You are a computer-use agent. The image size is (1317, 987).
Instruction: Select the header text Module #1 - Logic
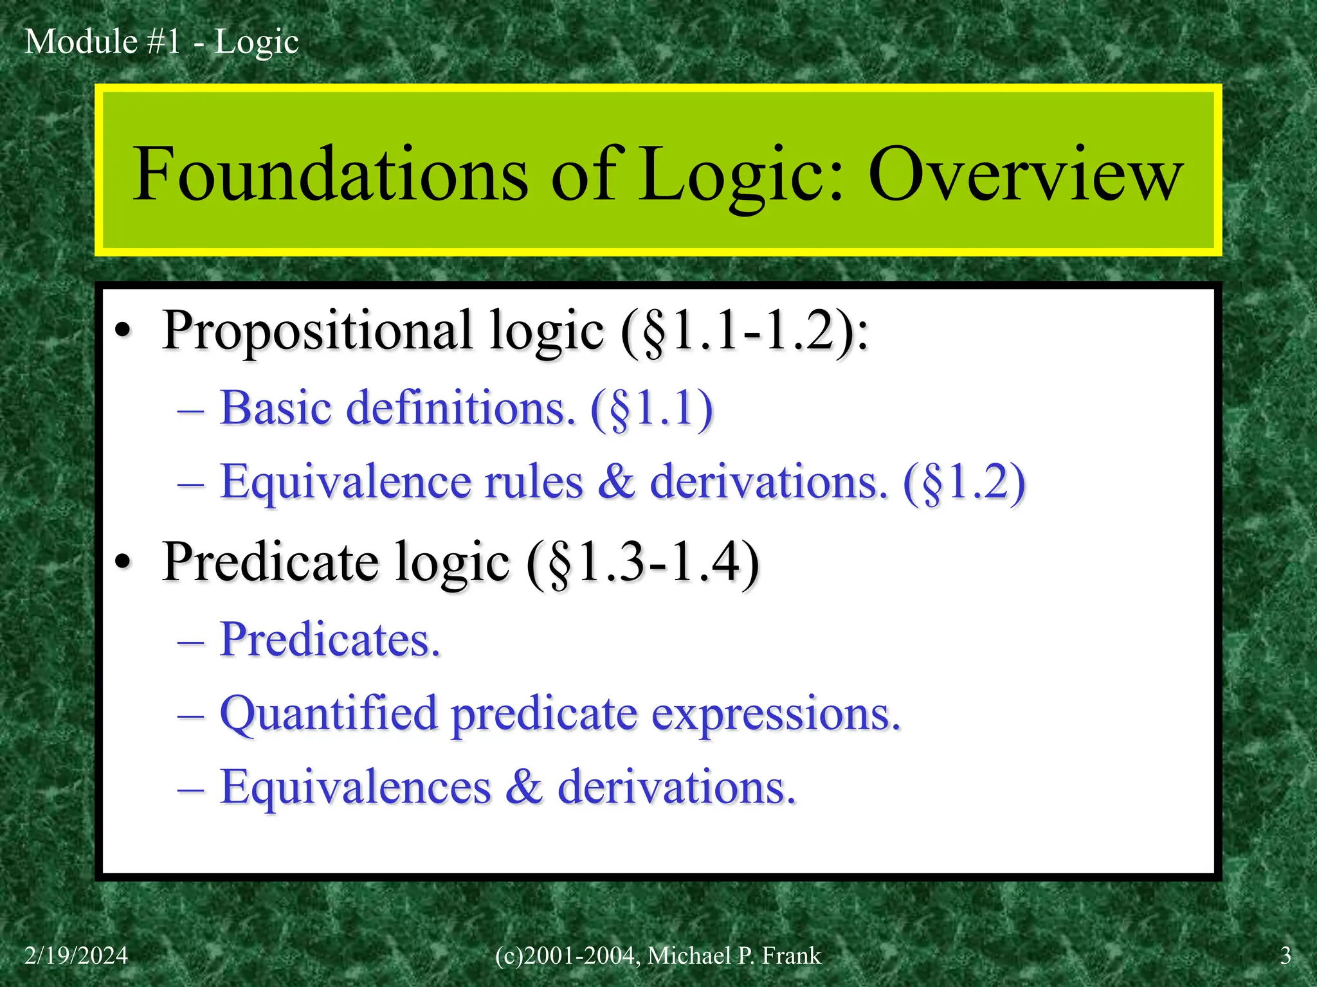pyautogui.click(x=161, y=42)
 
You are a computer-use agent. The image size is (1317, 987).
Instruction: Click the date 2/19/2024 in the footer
pyautogui.click(x=76, y=956)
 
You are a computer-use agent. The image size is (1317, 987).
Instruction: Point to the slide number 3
pyautogui.click(x=1285, y=956)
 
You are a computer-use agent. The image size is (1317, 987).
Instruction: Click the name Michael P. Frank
pyautogui.click(x=734, y=956)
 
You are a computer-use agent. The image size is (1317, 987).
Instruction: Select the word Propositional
pyautogui.click(x=318, y=332)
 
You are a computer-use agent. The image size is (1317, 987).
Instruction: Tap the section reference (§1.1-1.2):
pyautogui.click(x=744, y=332)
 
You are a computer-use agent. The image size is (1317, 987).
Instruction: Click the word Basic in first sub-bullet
pyautogui.click(x=275, y=408)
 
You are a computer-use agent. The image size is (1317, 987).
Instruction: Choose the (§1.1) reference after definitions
pyautogui.click(x=651, y=409)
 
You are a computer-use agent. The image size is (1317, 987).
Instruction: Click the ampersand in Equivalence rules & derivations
pyautogui.click(x=615, y=481)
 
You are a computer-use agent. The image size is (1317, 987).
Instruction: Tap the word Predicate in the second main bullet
pyautogui.click(x=270, y=562)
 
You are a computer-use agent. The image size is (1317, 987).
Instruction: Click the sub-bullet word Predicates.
pyautogui.click(x=330, y=640)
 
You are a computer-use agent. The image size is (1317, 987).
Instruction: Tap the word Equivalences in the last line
pyautogui.click(x=355, y=787)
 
